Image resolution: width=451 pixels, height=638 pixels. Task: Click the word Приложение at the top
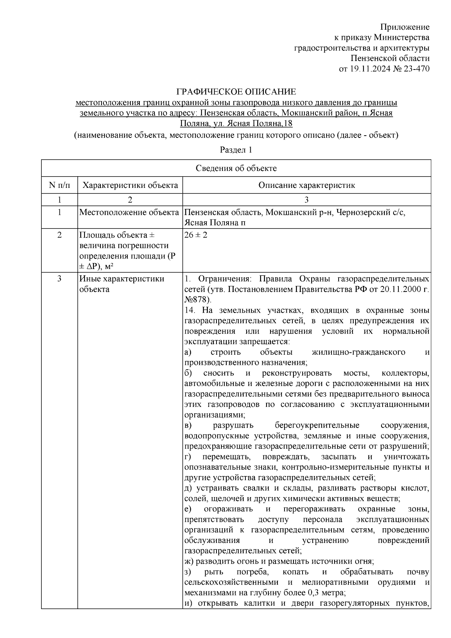(x=405, y=27)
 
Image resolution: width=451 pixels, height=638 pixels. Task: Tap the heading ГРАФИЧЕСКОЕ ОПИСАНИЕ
(x=236, y=92)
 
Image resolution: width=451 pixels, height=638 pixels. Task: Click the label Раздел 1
(x=236, y=150)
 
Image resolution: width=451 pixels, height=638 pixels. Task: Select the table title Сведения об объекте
(x=236, y=168)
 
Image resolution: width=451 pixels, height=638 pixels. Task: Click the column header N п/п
(x=59, y=185)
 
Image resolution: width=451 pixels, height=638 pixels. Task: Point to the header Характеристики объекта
(x=130, y=185)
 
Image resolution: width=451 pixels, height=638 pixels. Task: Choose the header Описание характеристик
(x=307, y=185)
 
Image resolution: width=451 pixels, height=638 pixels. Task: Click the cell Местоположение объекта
(x=129, y=213)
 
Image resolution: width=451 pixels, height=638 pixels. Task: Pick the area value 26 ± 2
(x=196, y=235)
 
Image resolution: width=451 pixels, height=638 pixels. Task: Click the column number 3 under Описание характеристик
(x=307, y=200)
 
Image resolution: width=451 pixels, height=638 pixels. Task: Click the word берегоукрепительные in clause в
(x=317, y=425)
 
